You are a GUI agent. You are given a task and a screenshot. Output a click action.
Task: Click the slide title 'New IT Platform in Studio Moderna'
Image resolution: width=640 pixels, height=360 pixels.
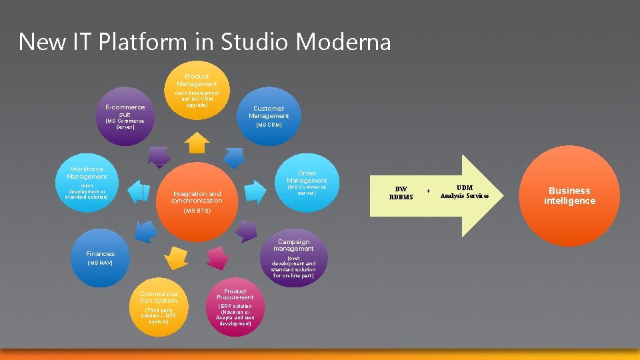coord(205,42)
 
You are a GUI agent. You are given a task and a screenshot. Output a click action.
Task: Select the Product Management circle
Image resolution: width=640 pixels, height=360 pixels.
coord(197,90)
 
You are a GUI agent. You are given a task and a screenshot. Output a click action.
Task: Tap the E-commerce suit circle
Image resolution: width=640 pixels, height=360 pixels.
coord(125,115)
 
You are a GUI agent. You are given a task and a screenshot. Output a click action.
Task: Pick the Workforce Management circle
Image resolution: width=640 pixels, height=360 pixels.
coord(87,183)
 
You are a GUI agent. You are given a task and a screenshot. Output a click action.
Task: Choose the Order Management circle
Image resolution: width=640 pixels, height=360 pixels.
coord(307,183)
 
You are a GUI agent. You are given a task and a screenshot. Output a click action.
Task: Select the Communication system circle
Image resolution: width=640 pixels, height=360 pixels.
coord(159,307)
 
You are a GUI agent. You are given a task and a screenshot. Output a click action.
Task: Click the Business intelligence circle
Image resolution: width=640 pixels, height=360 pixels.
coord(569,195)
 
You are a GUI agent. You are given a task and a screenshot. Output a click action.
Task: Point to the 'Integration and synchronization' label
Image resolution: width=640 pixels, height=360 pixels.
coord(197,197)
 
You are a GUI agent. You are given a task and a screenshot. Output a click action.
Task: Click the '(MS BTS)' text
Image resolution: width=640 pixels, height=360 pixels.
coord(197,211)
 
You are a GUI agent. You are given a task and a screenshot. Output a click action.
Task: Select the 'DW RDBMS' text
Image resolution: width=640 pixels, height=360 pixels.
coord(401,193)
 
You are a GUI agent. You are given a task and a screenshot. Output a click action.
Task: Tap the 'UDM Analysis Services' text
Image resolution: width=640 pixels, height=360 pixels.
coord(465,192)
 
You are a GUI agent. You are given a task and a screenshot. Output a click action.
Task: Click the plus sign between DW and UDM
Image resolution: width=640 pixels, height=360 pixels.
coord(429,191)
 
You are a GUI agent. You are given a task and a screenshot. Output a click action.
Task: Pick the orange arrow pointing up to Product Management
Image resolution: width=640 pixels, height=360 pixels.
coord(197,142)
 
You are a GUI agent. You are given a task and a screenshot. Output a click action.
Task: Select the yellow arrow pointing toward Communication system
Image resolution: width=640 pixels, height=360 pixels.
coord(177,257)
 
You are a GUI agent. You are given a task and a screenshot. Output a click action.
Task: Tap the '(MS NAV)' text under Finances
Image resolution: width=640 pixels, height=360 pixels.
coord(100,263)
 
